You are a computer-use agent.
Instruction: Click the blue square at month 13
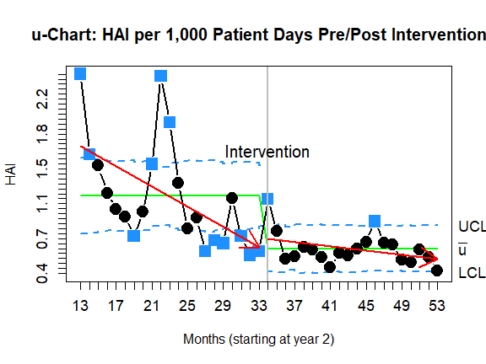80,74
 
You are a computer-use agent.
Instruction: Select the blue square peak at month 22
160,76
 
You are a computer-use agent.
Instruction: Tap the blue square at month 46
375,222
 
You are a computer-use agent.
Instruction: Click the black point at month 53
437,270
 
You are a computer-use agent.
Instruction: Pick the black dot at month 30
232,198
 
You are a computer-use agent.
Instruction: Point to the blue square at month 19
133,236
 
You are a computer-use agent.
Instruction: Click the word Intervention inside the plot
267,152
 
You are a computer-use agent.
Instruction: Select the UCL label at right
472,227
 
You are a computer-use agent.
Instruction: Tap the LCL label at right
472,273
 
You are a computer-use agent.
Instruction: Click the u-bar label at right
462,249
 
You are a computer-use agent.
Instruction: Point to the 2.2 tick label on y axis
42,99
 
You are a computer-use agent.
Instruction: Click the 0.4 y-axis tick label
42,274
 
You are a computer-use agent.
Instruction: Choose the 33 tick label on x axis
259,306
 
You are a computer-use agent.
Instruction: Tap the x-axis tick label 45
365,306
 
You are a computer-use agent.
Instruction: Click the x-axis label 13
80,306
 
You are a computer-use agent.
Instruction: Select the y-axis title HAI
11,175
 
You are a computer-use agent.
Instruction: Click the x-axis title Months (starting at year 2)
259,340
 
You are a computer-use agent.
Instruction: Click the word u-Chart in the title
64,35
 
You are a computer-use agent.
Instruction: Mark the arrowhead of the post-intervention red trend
436,259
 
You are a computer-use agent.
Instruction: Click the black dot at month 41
330,267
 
